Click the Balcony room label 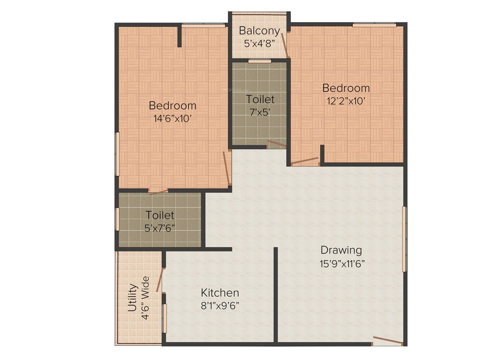pos(259,31)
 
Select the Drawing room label pos(341,250)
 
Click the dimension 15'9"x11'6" pos(341,263)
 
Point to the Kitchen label pos(220,293)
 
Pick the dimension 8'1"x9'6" pos(220,306)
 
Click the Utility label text pos(133,298)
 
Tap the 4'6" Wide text pos(145,298)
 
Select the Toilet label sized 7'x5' pos(260,99)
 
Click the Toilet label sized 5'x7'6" pos(160,215)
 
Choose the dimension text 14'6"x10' pos(172,119)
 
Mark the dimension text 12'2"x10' pos(346,101)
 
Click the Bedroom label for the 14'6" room pos(172,105)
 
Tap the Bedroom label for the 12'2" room pos(346,88)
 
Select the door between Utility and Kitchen pos(160,280)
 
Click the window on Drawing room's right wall pos(405,239)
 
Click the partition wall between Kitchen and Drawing pos(276,295)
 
